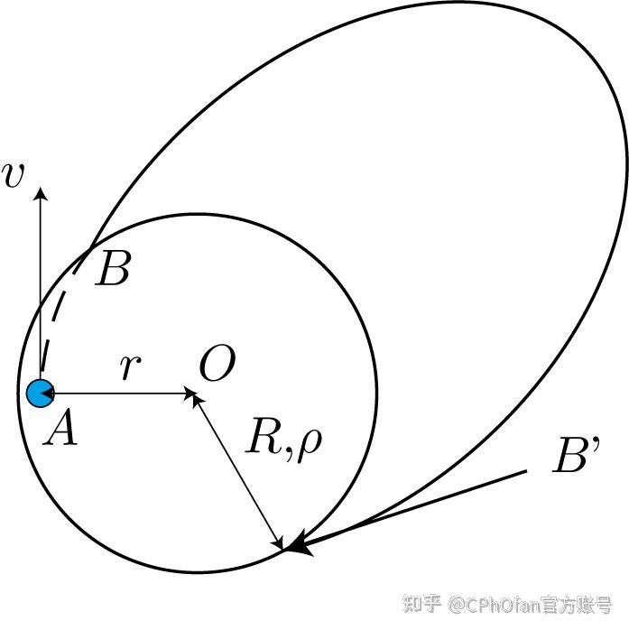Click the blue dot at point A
click(39, 394)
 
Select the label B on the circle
click(114, 269)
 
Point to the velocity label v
click(14, 176)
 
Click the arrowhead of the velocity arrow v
click(40, 192)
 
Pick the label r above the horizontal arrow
click(131, 366)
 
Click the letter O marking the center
click(217, 366)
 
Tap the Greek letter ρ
click(308, 444)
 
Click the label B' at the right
click(572, 459)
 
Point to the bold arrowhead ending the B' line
click(301, 544)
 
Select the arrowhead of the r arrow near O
click(190, 394)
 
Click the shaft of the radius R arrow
click(239, 469)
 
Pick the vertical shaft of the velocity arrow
click(40, 289)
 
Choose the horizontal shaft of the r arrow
click(117, 394)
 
